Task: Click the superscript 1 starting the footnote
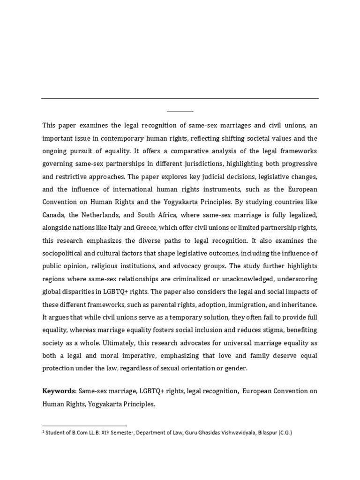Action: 43,432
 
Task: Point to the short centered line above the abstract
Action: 180,112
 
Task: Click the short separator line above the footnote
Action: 84,426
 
